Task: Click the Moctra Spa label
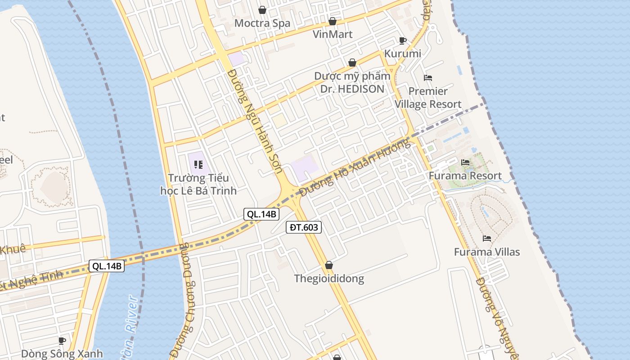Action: [x=262, y=23]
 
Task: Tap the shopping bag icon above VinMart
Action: [x=333, y=21]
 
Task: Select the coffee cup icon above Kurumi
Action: [x=403, y=41]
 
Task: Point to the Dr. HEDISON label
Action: [x=352, y=89]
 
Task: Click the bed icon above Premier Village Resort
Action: [x=428, y=78]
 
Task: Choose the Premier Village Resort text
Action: [x=428, y=98]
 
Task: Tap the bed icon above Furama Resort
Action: [x=465, y=162]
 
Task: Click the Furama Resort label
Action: [x=465, y=175]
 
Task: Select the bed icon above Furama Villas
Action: [x=487, y=238]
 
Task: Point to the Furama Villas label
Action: [x=487, y=252]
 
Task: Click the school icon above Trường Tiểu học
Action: [x=198, y=165]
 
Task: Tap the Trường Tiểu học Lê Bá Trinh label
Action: [x=198, y=184]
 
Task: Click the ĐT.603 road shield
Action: [x=304, y=227]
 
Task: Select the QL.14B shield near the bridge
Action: [x=107, y=266]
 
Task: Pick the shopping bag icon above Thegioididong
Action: [x=329, y=265]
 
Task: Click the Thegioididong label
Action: [x=329, y=279]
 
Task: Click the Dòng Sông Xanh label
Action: [x=62, y=353]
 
